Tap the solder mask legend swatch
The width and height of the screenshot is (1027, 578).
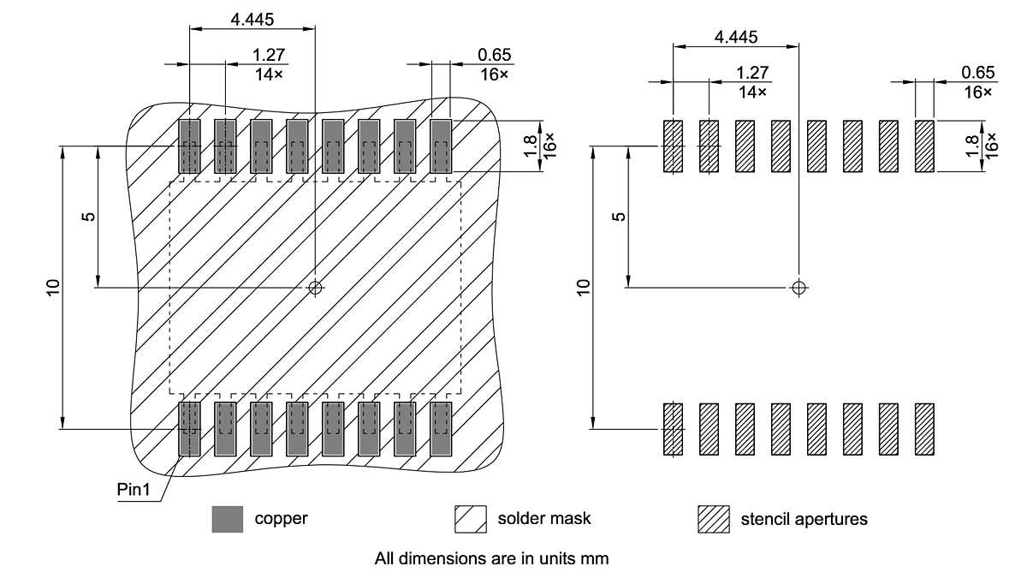tap(469, 519)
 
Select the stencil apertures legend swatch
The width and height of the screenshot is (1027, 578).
tap(713, 519)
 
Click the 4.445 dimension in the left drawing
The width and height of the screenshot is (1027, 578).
tap(252, 18)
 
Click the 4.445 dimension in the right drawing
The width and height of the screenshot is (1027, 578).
tap(736, 37)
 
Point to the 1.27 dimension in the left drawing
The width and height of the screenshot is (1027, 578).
tap(270, 56)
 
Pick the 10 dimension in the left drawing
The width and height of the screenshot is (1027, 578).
tap(53, 287)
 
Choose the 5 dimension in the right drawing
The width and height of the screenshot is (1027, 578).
tap(620, 216)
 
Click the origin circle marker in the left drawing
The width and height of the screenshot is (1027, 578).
tap(316, 288)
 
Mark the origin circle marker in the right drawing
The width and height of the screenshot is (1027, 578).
tap(799, 287)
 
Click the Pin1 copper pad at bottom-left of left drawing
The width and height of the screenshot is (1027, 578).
tap(189, 428)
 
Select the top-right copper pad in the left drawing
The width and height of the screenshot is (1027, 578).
tap(441, 146)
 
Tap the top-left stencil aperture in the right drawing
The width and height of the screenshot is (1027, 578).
tap(674, 146)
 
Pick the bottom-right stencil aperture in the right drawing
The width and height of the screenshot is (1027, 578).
tap(924, 429)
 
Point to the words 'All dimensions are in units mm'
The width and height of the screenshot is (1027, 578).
tap(491, 558)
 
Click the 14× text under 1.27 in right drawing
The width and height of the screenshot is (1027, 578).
tap(752, 92)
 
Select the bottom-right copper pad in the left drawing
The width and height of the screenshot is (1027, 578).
tap(441, 428)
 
